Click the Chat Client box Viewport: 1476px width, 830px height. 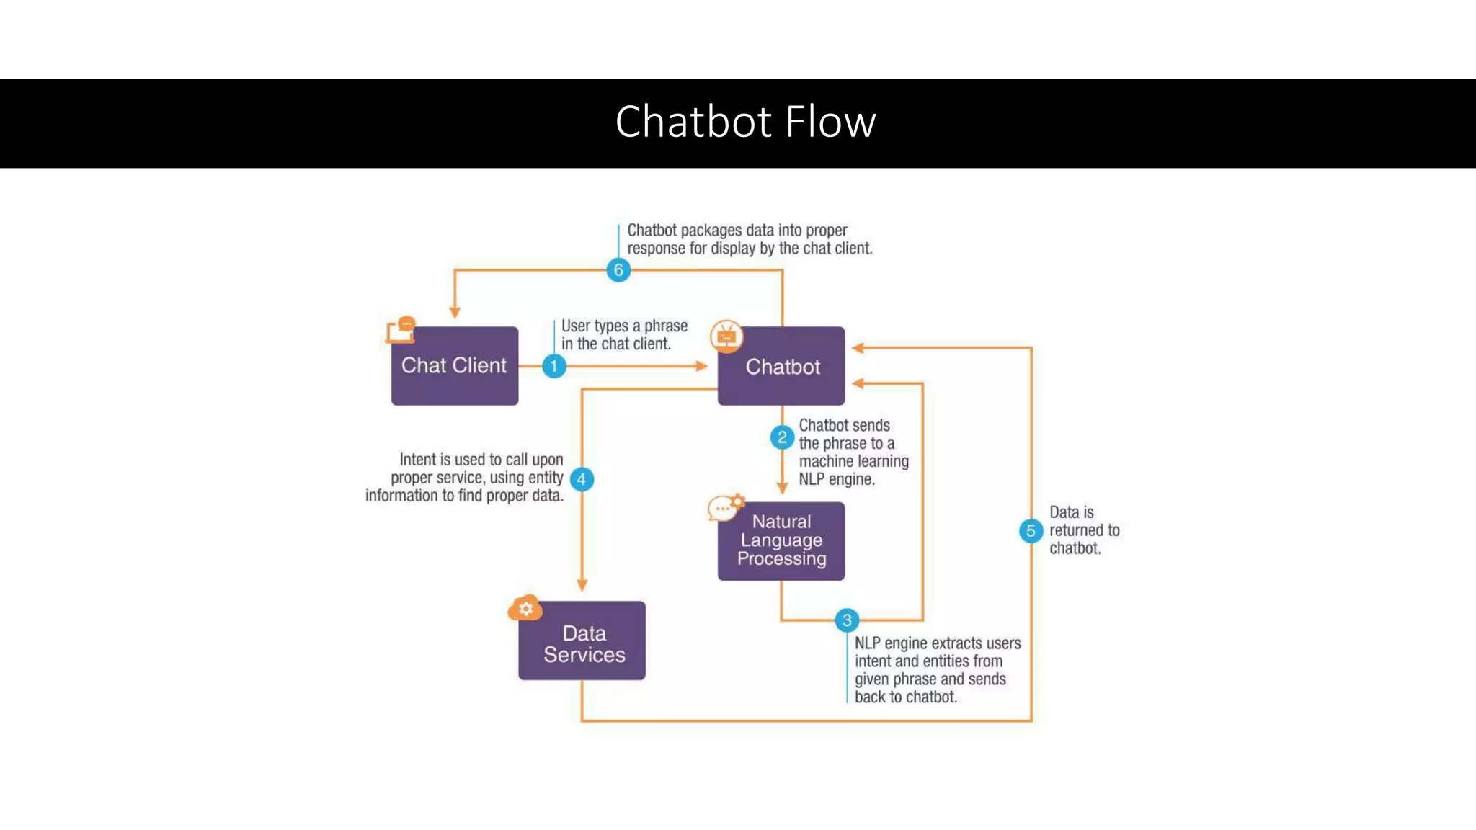[x=454, y=366]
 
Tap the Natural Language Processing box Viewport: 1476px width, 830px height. [x=781, y=541]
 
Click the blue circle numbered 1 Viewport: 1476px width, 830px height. [x=553, y=366]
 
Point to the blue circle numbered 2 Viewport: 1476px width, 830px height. [x=782, y=437]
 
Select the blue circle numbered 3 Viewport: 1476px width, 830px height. [x=847, y=620]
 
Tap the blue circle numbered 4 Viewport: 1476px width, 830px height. [x=582, y=479]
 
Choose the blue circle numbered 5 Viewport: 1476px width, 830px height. [x=1031, y=531]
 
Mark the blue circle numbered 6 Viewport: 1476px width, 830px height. [x=618, y=270]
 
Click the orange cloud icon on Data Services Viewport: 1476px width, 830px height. [x=525, y=609]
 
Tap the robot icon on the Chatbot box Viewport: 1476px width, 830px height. [x=726, y=336]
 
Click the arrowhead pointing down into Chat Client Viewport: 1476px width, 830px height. [x=455, y=312]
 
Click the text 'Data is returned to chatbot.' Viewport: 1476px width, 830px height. [x=1083, y=530]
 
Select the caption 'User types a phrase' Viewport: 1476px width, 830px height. [x=624, y=326]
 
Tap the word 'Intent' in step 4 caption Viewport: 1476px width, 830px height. [x=417, y=460]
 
